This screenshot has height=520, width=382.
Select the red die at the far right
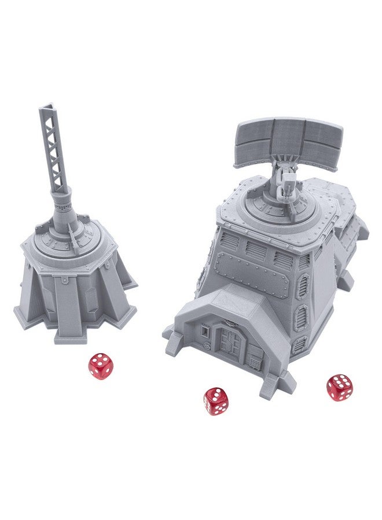pyautogui.click(x=340, y=388)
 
